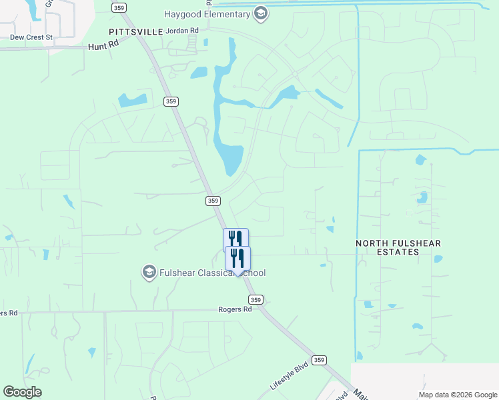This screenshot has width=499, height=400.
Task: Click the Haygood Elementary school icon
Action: [261, 14]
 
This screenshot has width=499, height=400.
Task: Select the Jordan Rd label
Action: [183, 31]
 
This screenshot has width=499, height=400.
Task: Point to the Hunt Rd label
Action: [103, 47]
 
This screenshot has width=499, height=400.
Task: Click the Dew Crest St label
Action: [31, 37]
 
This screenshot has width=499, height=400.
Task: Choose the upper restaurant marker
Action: [235, 239]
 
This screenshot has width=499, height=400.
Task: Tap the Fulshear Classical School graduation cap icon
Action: [149, 272]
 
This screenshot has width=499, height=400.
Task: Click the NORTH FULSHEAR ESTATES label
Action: [398, 247]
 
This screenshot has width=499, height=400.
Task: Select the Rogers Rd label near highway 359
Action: [235, 309]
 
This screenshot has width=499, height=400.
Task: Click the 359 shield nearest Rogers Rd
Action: [257, 300]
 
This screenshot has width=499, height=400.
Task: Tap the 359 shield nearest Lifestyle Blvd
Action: [320, 360]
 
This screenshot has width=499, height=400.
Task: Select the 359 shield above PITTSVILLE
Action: [119, 7]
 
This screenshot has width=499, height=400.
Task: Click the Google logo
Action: [23, 392]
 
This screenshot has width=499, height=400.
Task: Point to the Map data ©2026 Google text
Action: [458, 395]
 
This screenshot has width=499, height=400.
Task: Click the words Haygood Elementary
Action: [207, 14]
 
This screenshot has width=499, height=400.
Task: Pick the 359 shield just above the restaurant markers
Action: [213, 200]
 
